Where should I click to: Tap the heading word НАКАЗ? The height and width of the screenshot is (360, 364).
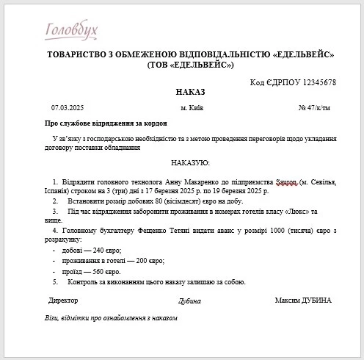coord(191,93)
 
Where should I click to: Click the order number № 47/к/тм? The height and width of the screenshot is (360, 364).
coord(315,107)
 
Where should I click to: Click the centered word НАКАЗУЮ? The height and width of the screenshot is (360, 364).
coord(190,162)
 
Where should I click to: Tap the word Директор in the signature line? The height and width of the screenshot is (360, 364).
coord(63,300)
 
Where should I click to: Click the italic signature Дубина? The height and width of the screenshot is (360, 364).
coord(189,301)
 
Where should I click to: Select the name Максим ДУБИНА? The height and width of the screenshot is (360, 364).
coord(303,300)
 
